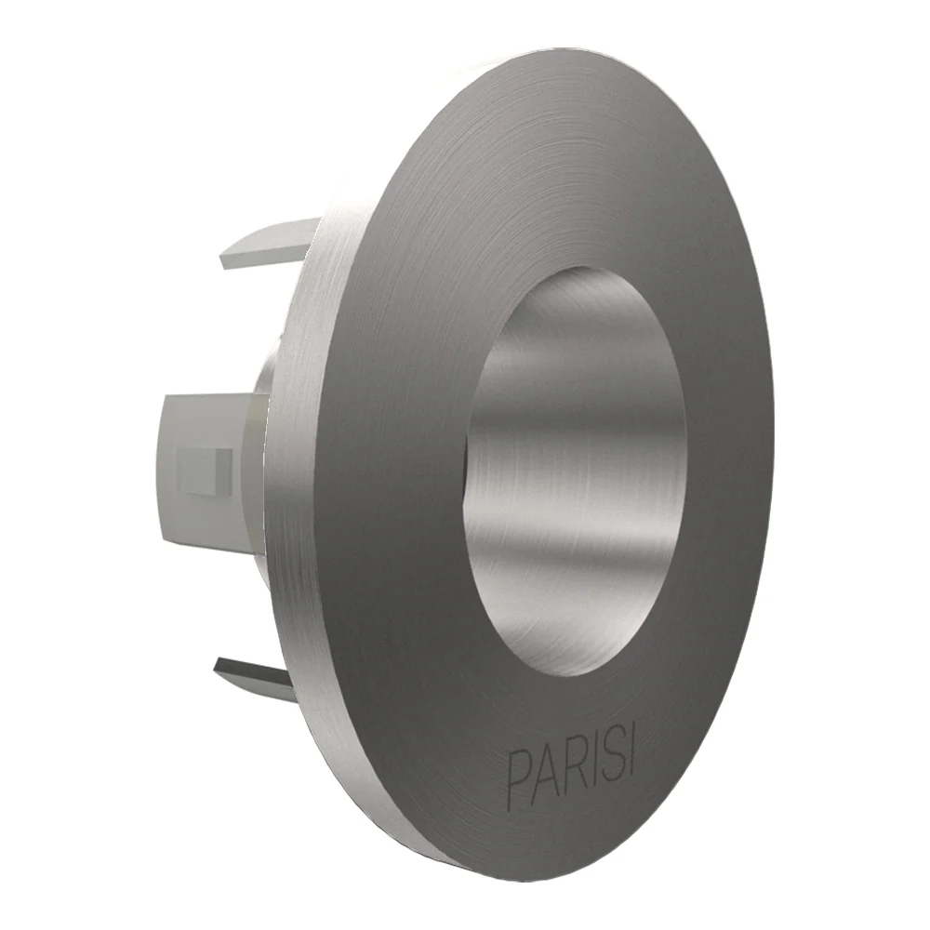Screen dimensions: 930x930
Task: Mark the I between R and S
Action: [591, 763]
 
